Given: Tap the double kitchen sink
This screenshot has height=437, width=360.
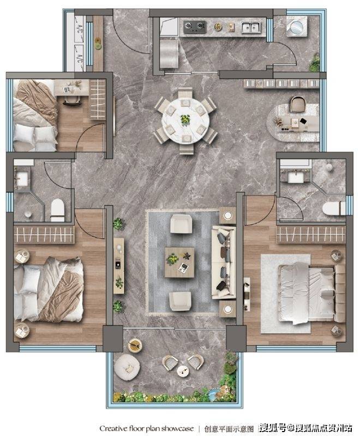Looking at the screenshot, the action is point(251,28).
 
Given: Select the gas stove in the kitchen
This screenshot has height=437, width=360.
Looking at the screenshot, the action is point(195,27).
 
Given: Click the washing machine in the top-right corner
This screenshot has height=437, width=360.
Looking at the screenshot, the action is point(297,27).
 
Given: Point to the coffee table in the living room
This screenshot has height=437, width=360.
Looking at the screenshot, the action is point(179,262).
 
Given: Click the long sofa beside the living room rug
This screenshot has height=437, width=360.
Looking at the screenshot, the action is point(224,263).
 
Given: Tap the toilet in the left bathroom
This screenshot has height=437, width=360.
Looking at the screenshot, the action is point(57,210).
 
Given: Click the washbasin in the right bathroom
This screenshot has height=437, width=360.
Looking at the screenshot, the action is point(295,177).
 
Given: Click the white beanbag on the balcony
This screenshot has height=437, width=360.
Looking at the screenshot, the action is point(127,367).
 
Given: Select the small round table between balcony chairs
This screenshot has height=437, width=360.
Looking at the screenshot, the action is point(183,371).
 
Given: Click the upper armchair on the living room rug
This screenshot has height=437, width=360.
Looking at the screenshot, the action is point(181,223).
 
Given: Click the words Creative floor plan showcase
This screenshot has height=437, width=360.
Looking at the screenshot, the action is point(147,428).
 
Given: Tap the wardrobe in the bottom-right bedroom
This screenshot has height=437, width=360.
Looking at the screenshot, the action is point(311,234).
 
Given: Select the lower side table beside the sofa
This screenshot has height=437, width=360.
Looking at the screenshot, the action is point(227,309).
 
